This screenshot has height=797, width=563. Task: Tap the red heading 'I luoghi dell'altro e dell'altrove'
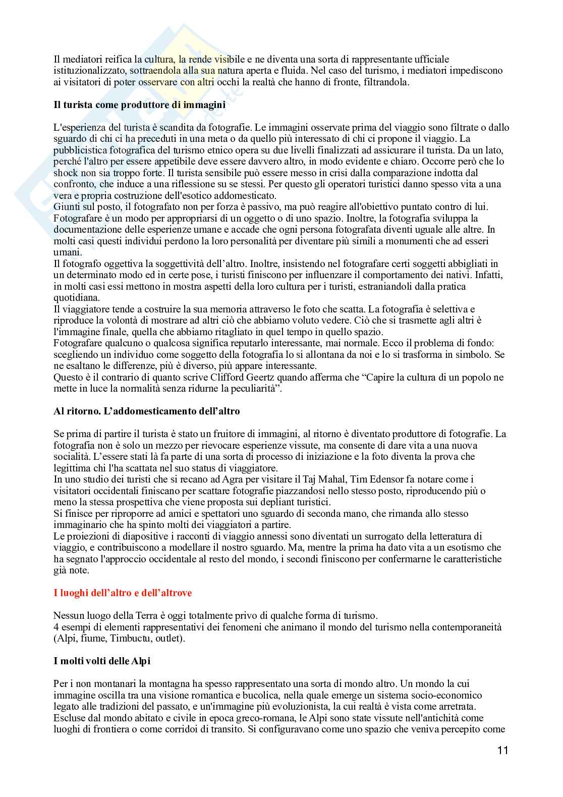click(123, 593)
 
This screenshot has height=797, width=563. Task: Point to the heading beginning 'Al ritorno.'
click(147, 411)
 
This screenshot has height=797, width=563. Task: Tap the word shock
click(65, 173)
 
